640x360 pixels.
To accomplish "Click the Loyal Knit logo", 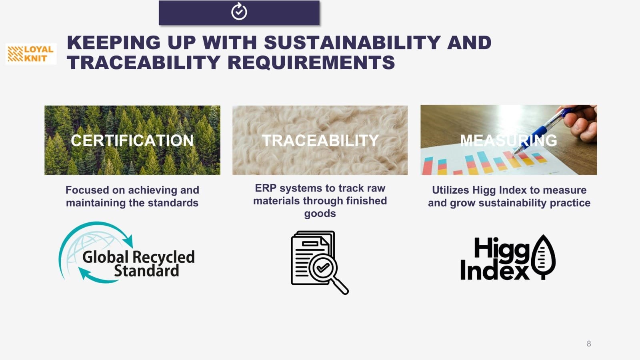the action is [31, 54].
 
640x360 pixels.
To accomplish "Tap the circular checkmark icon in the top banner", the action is [239, 12].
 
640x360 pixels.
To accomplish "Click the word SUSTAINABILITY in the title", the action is [352, 42].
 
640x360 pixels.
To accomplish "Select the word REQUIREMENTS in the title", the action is [311, 62].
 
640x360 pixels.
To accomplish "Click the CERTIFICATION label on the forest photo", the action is [132, 140].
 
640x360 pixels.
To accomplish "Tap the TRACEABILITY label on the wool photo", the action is [320, 140].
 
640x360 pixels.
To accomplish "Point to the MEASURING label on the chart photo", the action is [508, 140].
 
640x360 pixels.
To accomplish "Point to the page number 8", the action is [588, 344].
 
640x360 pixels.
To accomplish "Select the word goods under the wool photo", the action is [320, 214].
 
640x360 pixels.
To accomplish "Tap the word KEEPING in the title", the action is [114, 42].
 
